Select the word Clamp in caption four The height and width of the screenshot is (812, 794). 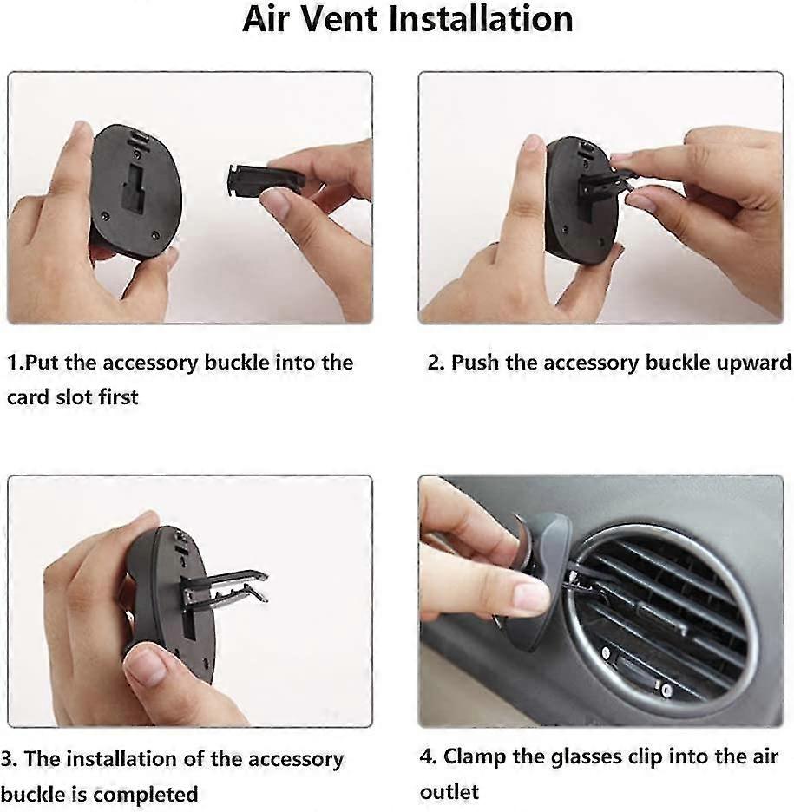475,756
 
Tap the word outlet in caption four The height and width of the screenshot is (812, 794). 449,791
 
